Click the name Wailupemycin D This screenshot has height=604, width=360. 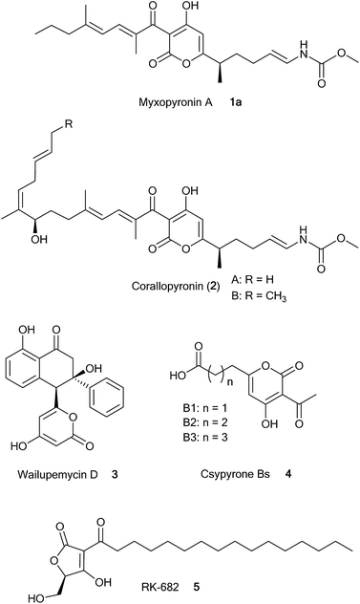[x=56, y=497]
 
